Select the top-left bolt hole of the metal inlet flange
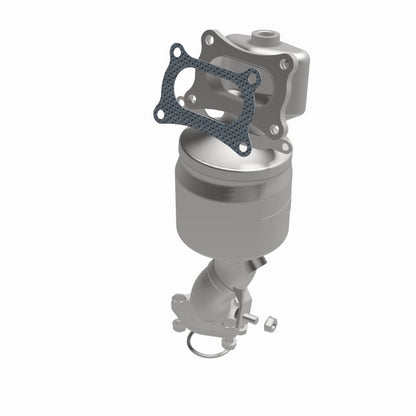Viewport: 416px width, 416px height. pos(209,39)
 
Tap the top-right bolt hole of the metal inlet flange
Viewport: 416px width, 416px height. pos(286,63)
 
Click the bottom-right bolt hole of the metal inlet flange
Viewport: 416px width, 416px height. pos(273,129)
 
